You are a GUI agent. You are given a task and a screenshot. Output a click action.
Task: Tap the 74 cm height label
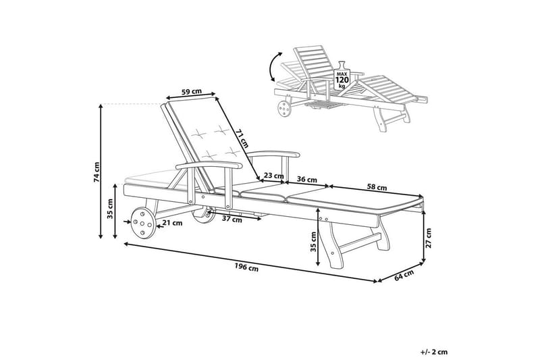pos(97,173)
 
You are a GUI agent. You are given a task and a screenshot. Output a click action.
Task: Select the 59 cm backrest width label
pos(192,92)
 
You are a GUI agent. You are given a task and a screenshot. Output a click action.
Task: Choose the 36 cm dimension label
pos(307,180)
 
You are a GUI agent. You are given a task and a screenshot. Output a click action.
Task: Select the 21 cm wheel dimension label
pos(173,222)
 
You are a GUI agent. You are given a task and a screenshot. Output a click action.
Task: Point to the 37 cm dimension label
pos(232,220)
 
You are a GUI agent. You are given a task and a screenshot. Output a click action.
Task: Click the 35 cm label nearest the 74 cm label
pos(109,211)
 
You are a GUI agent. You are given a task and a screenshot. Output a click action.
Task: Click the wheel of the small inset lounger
pos(282,107)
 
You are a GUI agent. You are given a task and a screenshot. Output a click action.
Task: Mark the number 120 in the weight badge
pos(342,80)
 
